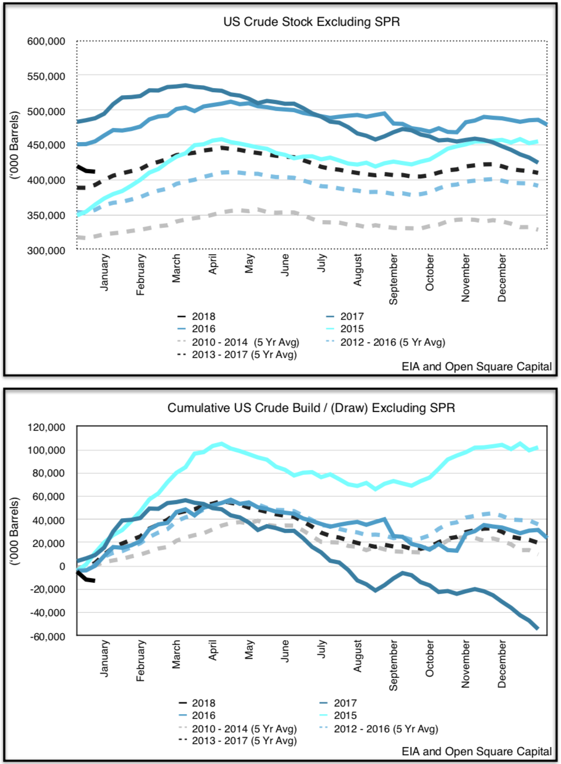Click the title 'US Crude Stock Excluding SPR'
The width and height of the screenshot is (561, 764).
(x=311, y=22)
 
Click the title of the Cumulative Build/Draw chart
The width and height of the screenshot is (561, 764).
(x=311, y=408)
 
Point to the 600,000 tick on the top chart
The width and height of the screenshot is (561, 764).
(x=46, y=42)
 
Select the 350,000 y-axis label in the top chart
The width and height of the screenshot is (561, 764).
(x=46, y=215)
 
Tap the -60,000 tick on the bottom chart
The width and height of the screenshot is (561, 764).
(x=46, y=636)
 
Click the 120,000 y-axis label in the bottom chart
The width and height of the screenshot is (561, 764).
(x=46, y=427)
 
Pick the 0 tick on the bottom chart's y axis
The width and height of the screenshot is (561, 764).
(x=62, y=566)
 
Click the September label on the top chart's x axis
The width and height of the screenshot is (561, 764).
(x=393, y=279)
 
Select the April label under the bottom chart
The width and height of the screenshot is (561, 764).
(x=212, y=650)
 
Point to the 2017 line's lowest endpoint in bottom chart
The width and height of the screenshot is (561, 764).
(x=537, y=628)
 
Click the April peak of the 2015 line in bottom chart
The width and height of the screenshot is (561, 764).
(x=221, y=444)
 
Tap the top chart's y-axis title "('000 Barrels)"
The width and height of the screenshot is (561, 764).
(x=15, y=145)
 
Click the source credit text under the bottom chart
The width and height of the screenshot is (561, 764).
(x=476, y=752)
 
